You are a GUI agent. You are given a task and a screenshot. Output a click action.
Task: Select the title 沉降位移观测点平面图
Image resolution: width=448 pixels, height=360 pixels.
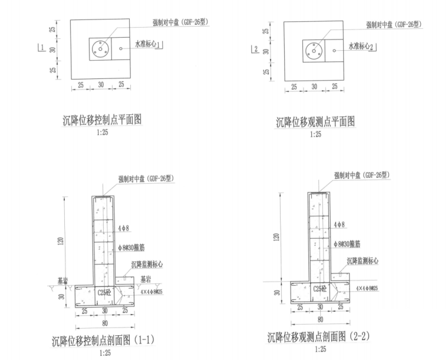pyautogui.click(x=316, y=122)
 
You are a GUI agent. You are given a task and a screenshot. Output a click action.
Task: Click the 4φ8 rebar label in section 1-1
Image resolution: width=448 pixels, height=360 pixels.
pyautogui.click(x=126, y=228)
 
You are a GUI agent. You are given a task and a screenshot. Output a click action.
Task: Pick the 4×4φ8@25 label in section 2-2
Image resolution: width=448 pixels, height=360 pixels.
pyautogui.click(x=367, y=288)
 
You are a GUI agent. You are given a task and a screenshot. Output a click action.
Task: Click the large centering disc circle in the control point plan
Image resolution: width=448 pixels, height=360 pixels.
pyautogui.click(x=101, y=49)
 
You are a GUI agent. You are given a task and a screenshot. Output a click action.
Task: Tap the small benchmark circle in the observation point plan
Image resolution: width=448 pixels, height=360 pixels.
pyautogui.click(x=334, y=51)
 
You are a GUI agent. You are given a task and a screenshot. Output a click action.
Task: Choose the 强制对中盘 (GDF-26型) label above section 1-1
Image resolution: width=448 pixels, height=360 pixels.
pyautogui.click(x=147, y=179)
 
